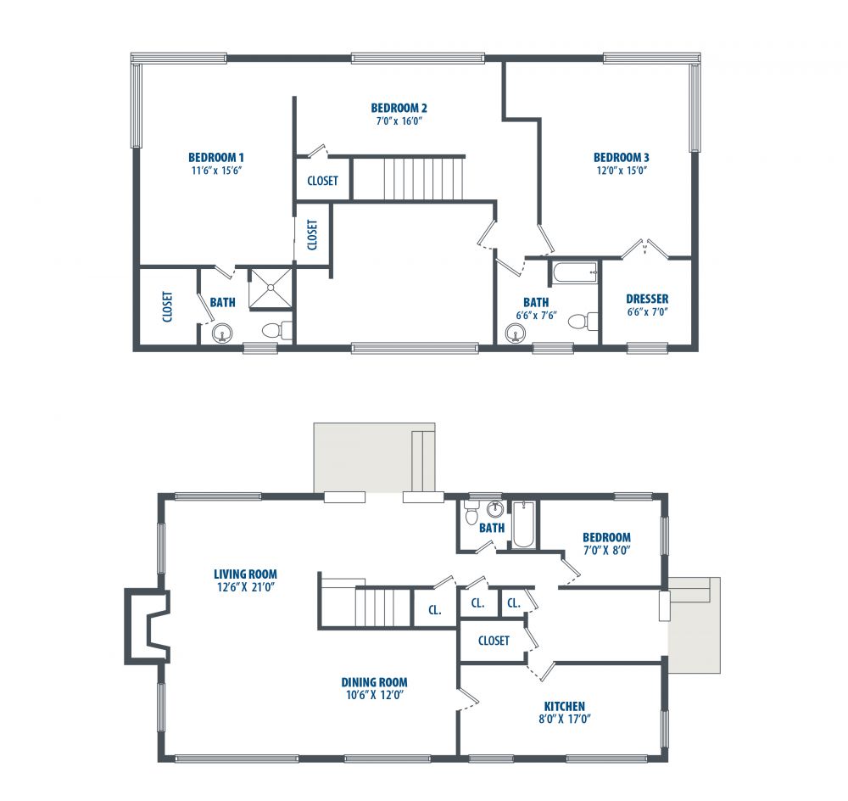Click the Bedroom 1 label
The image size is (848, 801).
coord(215,158)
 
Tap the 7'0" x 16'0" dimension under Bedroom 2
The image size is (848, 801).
coord(399,120)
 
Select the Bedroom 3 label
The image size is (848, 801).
coord(621,158)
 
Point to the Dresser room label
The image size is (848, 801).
coord(647,299)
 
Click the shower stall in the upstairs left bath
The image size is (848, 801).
coord(270,288)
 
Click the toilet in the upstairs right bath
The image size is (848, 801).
coord(583,321)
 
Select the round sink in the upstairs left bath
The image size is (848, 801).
coord(222,333)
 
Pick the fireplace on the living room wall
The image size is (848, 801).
coord(147,626)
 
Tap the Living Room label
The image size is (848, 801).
coord(245,574)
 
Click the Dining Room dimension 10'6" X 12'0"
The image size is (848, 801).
coord(375,695)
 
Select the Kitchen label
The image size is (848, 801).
coord(564,706)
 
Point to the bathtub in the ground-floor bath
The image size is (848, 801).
coord(523,524)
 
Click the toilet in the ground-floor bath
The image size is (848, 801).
coord(471,512)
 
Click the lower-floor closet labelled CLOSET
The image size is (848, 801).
coord(494,641)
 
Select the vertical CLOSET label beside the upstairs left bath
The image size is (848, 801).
coord(168,307)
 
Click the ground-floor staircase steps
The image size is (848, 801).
coord(382,608)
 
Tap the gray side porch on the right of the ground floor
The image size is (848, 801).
coord(695,625)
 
